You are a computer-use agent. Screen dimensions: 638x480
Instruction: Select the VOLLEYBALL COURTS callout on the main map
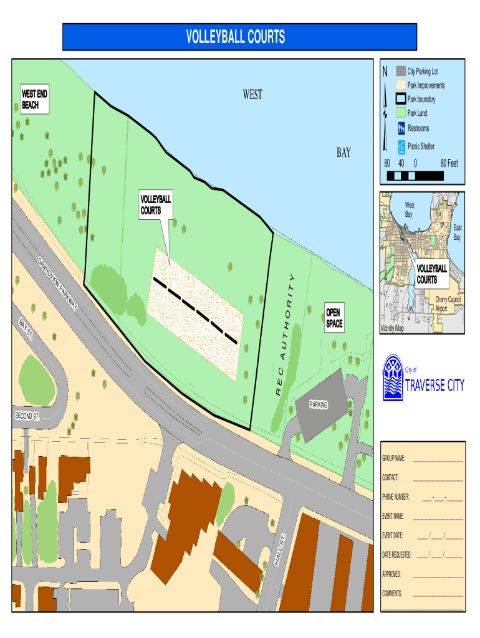point(155,205)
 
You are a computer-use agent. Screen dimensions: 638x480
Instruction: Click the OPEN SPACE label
point(334,318)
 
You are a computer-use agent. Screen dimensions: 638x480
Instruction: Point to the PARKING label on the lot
point(319,406)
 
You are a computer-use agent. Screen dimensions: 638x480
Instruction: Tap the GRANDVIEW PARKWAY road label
point(57,283)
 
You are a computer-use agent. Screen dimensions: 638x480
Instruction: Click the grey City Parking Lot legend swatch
point(401,71)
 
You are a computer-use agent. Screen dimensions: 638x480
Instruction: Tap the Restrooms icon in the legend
point(401,128)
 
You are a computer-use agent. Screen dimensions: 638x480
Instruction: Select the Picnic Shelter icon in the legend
point(401,147)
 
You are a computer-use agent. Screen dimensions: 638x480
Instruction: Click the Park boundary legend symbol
point(401,99)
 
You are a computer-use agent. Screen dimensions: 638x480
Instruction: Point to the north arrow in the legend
point(386,106)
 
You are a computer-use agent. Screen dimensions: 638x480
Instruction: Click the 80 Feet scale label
point(449,164)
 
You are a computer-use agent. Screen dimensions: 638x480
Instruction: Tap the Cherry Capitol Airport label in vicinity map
point(447,304)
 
